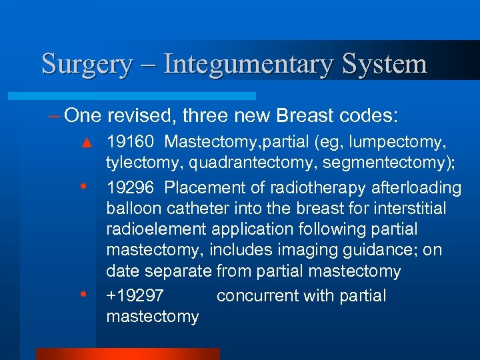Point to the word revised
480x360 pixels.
pyautogui.click(x=147, y=115)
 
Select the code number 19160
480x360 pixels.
pyautogui.click(x=130, y=143)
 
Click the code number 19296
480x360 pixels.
pyautogui.click(x=130, y=188)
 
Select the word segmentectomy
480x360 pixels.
pyautogui.click(x=379, y=164)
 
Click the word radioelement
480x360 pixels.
pyautogui.click(x=157, y=229)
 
